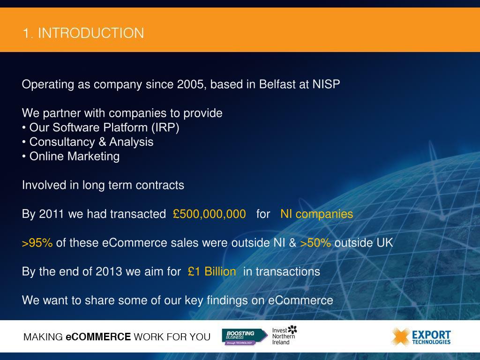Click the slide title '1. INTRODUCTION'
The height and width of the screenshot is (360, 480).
[x=83, y=33]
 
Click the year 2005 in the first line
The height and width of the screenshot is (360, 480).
[x=190, y=84]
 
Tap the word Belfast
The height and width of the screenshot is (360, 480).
[x=277, y=84]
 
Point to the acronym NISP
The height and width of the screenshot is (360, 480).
[x=326, y=84]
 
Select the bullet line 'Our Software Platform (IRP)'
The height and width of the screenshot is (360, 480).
[x=104, y=127]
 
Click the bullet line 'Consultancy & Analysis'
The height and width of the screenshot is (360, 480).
[x=91, y=142]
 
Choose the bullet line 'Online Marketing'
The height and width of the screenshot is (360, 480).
[x=74, y=157]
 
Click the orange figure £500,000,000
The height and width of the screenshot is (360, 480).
[x=209, y=214]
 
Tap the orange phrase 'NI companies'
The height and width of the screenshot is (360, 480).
[x=316, y=214]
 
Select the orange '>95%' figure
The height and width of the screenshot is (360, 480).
[x=37, y=243]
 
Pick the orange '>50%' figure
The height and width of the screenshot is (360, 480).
[x=315, y=243]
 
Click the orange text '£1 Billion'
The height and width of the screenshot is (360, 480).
[x=212, y=272]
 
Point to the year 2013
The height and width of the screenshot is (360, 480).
[x=109, y=272]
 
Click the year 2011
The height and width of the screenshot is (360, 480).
[x=52, y=214]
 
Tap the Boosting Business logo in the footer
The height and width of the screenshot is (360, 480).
[x=244, y=337]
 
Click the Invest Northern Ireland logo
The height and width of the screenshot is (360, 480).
[x=285, y=335]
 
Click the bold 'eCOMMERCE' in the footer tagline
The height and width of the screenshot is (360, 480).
[x=98, y=337]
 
